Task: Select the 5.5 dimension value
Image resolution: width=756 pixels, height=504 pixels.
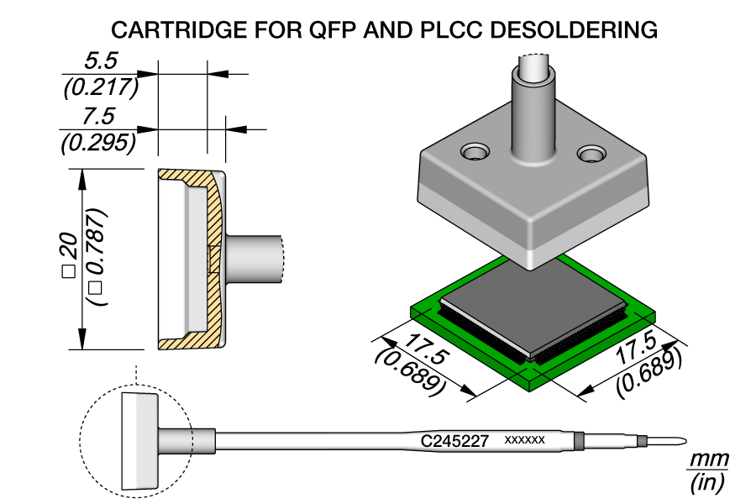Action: coord(100,61)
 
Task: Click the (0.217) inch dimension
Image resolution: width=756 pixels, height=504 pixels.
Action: coord(100,87)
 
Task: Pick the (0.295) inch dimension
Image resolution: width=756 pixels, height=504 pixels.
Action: coord(100,143)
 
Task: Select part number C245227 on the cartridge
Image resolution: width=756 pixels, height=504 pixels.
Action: coord(454,440)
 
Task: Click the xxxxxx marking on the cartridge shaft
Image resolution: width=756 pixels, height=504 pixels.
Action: coord(525,440)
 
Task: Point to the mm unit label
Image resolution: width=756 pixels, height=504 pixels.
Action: coord(708,460)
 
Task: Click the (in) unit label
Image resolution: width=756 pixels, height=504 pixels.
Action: coord(707,484)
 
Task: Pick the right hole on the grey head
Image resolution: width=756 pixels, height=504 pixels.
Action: coord(592,154)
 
